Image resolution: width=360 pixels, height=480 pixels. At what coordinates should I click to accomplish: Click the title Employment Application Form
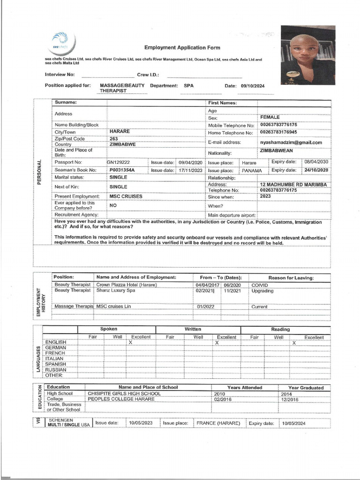[x=182, y=48]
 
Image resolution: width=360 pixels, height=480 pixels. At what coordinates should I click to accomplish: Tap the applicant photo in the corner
[x=307, y=56]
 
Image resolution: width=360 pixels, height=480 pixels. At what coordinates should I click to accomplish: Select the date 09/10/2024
[x=253, y=86]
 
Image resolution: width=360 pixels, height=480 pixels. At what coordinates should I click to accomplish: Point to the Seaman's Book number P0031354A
[x=122, y=170]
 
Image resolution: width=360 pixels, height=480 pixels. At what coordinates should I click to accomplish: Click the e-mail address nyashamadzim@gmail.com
[x=291, y=142]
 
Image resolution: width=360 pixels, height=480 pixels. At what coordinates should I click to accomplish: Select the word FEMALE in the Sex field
[x=270, y=117]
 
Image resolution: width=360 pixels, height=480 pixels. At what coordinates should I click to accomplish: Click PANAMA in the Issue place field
[x=252, y=171]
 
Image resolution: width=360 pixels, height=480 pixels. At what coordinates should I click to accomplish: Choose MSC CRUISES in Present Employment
[x=126, y=196]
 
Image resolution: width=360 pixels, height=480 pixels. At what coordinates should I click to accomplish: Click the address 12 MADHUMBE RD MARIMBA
[x=293, y=185]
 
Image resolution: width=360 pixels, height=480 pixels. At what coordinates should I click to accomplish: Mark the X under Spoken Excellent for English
[x=130, y=343]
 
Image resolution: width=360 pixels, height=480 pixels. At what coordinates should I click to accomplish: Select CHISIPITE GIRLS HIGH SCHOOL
[x=124, y=394]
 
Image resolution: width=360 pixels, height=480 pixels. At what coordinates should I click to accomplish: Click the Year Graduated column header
[x=306, y=388]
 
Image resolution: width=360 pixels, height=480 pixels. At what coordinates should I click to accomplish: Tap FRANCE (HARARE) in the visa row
[x=218, y=423]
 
